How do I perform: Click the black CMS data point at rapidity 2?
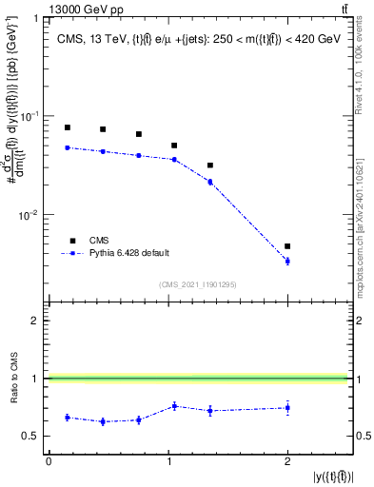click(x=287, y=246)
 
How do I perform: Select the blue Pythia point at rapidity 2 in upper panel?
click(x=287, y=261)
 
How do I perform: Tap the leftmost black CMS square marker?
click(x=67, y=127)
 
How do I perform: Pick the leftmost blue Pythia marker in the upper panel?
click(x=67, y=147)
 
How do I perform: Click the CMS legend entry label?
click(x=99, y=241)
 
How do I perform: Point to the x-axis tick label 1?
click(x=167, y=462)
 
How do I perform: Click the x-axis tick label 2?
click(x=287, y=462)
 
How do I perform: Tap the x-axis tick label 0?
click(x=49, y=462)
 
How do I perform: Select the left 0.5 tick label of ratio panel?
click(x=37, y=437)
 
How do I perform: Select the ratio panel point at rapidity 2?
click(x=287, y=408)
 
